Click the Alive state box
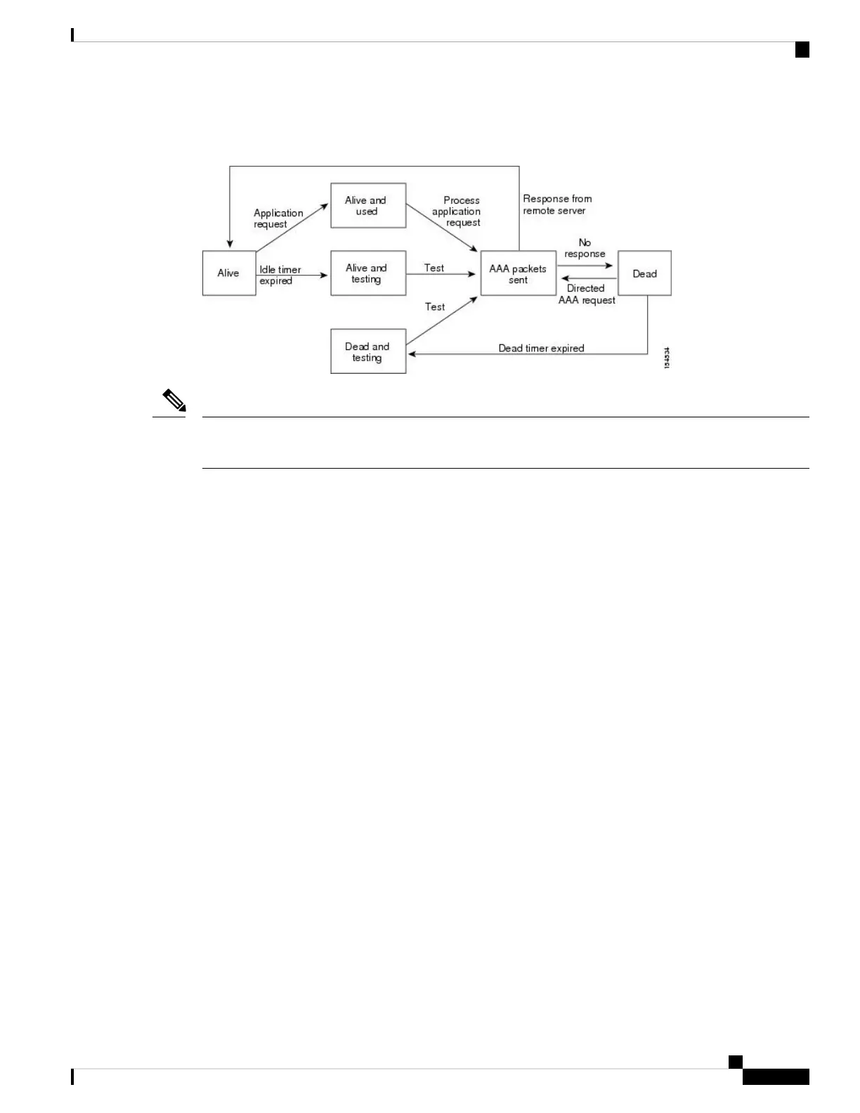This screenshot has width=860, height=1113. tap(229, 273)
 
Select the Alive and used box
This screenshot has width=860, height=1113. tap(368, 206)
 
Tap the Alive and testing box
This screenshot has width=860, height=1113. tap(368, 273)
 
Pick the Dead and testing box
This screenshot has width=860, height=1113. tap(368, 351)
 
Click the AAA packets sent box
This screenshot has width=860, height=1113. tap(518, 273)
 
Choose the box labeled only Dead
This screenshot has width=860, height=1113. tap(644, 273)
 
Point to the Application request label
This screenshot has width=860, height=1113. tap(278, 219)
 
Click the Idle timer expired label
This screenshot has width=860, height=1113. tap(280, 275)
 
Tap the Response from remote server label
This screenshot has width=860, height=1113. tap(557, 204)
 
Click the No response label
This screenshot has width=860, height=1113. tap(585, 248)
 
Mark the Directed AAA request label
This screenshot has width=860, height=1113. tap(587, 294)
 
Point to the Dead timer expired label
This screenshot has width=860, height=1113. tap(541, 348)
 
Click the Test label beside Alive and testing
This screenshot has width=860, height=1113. tap(434, 268)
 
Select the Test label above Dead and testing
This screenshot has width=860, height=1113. tap(435, 307)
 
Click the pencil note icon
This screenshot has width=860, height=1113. tap(174, 401)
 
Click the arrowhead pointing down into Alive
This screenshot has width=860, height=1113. tap(229, 244)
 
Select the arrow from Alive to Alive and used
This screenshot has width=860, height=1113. tap(292, 227)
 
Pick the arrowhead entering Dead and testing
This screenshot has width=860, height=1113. tap(412, 354)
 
